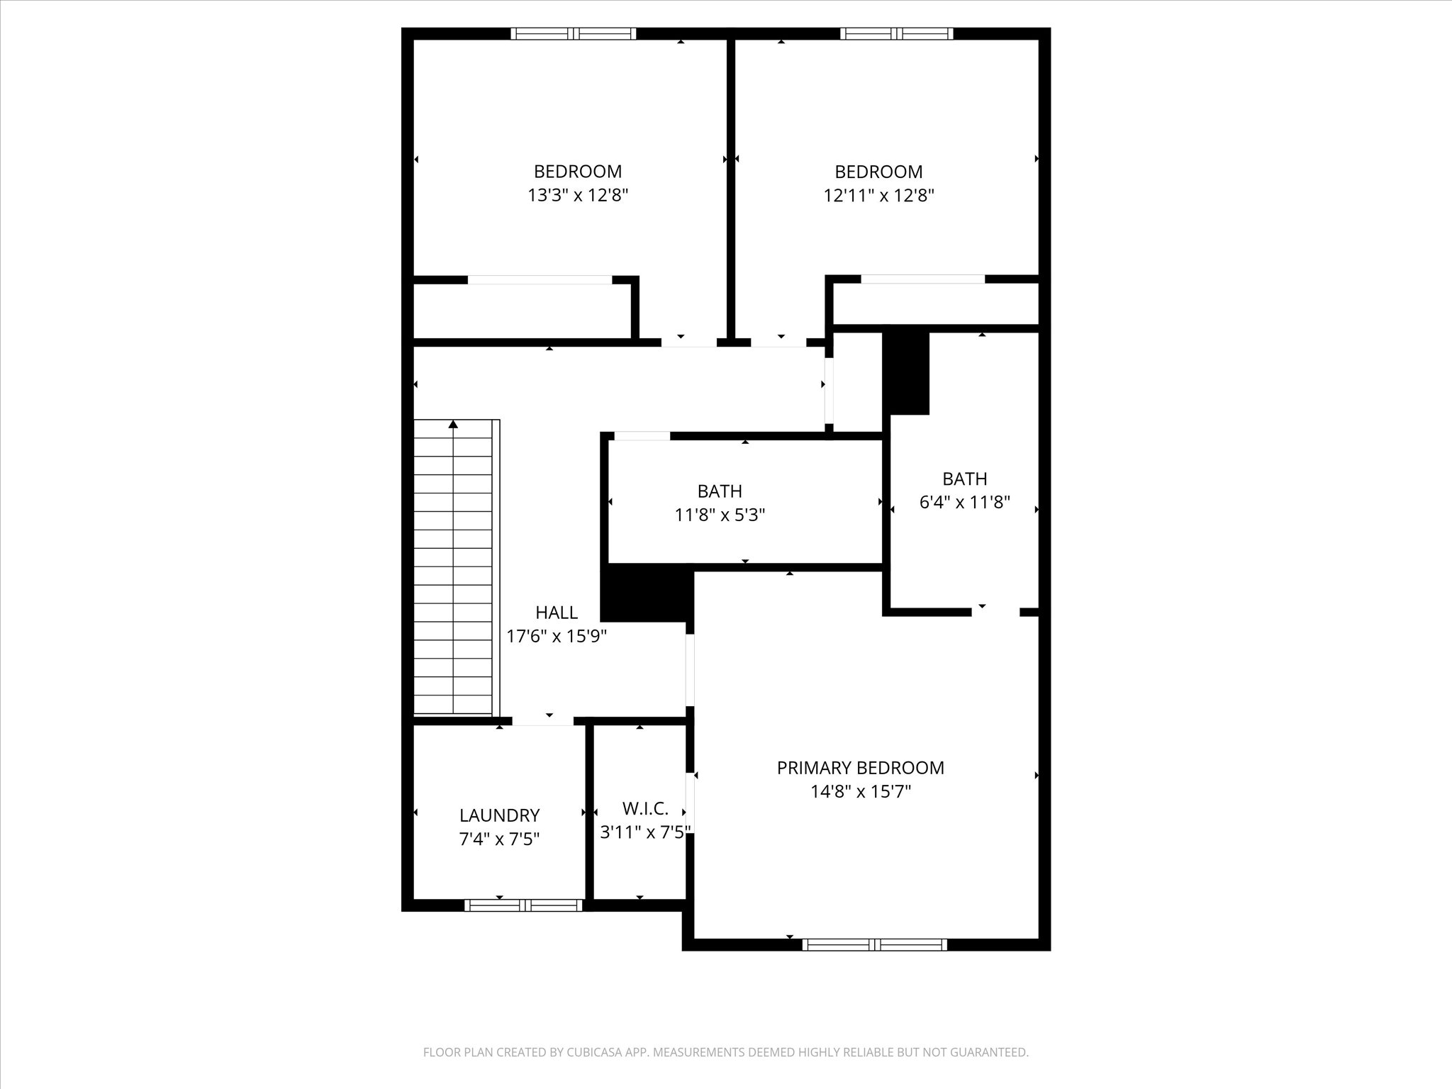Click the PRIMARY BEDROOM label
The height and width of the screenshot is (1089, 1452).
pos(860,768)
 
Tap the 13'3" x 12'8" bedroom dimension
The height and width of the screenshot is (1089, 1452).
pos(578,195)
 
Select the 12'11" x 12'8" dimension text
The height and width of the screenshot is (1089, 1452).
pos(878,195)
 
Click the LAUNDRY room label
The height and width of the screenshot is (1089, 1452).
pos(499,815)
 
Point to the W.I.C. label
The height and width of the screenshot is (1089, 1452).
pos(644,808)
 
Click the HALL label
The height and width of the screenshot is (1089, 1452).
pos(556,613)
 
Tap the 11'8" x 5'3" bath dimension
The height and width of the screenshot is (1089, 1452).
pos(720,515)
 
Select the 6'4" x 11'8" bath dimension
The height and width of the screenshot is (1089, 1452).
pos(964,503)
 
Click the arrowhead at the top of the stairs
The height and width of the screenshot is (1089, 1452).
pos(453,424)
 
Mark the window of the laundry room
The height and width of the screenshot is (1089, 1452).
pos(523,905)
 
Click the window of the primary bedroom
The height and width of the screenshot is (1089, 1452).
pos(874,944)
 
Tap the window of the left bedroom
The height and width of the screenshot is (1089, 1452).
pos(573,33)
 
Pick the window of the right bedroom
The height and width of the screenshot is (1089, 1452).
pos(896,33)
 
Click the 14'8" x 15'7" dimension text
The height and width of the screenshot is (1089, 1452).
pos(860,791)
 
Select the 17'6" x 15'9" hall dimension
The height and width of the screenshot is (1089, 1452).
pos(556,636)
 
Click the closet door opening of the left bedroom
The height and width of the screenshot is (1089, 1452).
pos(540,280)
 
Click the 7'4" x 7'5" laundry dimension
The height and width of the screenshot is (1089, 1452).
pos(499,839)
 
